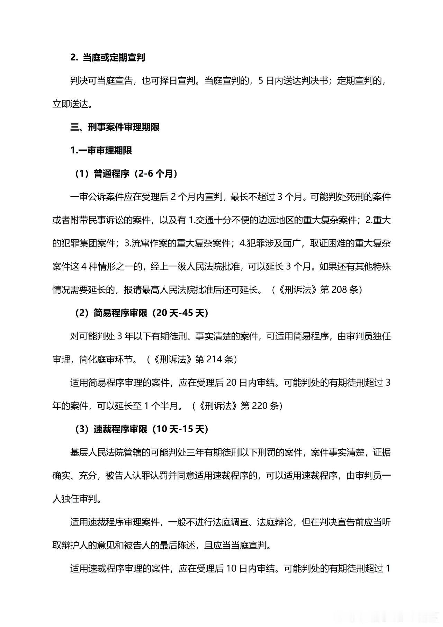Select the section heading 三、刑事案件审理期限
[x=115, y=127]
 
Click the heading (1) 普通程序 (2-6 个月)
[x=127, y=174]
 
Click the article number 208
[x=339, y=290]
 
